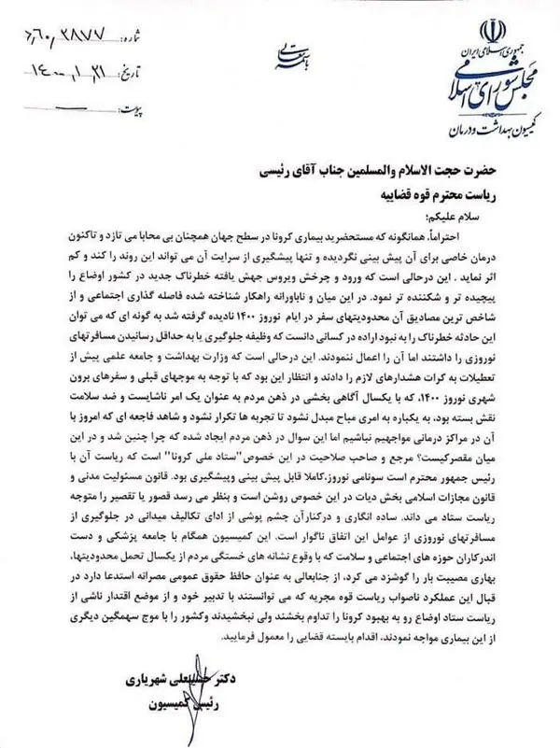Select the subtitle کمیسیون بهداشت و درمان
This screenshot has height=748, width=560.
coord(473,124)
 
